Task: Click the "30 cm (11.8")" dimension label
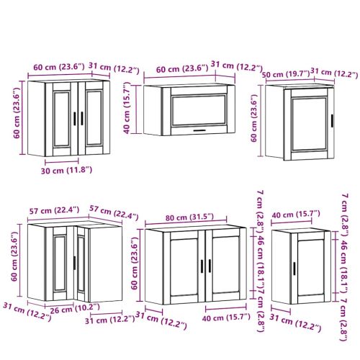tap(66, 171)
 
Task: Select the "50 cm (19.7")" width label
tap(286, 74)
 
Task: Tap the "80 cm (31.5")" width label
tap(189, 217)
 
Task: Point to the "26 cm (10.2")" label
tap(75, 308)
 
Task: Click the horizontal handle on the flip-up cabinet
tap(199, 130)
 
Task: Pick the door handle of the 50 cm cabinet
tap(332, 121)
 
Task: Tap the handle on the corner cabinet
tap(74, 263)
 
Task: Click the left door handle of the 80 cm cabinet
tap(202, 266)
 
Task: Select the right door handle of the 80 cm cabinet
tap(210, 266)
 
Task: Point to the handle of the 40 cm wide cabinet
tap(294, 269)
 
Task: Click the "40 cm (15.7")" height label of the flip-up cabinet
tap(127, 108)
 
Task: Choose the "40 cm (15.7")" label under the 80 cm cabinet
tap(226, 318)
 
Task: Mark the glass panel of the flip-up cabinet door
tap(199, 110)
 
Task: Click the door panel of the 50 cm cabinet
tap(309, 124)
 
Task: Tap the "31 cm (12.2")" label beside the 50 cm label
tap(334, 73)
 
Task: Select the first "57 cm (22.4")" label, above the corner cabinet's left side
tap(54, 211)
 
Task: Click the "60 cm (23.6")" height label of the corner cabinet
tap(14, 256)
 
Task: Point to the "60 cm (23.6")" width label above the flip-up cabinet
tap(182, 69)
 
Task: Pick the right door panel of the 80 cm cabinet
tap(225, 265)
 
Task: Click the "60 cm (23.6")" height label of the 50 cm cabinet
tap(254, 118)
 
